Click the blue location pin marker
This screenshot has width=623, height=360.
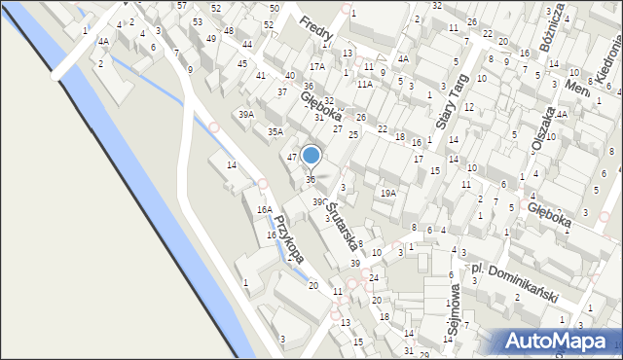click(311, 156)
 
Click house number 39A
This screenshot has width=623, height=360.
click(246, 115)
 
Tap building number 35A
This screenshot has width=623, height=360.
click(275, 132)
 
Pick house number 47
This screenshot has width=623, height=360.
click(291, 157)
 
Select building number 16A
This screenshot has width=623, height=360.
click(263, 210)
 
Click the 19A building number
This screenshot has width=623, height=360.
click(388, 194)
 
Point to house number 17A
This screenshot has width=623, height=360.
click(317, 66)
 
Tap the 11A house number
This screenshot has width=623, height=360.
click(364, 85)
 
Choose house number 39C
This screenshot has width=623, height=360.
click(318, 201)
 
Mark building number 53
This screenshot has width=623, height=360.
click(198, 21)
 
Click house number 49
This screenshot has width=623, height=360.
click(211, 39)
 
